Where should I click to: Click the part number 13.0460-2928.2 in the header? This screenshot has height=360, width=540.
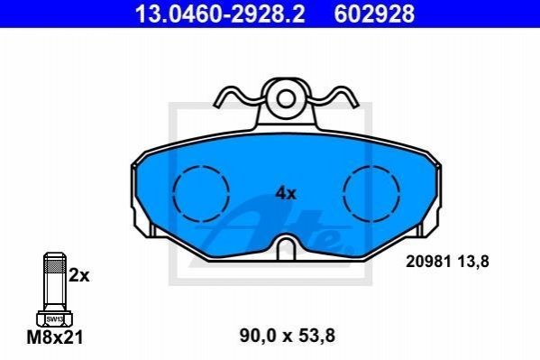(220, 14)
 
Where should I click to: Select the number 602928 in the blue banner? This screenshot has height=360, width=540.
(374, 14)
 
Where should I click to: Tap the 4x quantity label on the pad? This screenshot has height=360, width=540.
(286, 193)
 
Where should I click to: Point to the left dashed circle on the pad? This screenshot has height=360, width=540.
(174, 193)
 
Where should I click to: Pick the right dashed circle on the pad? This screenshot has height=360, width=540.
(343, 193)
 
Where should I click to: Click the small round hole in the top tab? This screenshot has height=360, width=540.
(285, 99)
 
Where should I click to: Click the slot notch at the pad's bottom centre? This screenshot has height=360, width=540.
(286, 246)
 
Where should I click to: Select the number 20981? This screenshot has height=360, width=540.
(428, 262)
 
